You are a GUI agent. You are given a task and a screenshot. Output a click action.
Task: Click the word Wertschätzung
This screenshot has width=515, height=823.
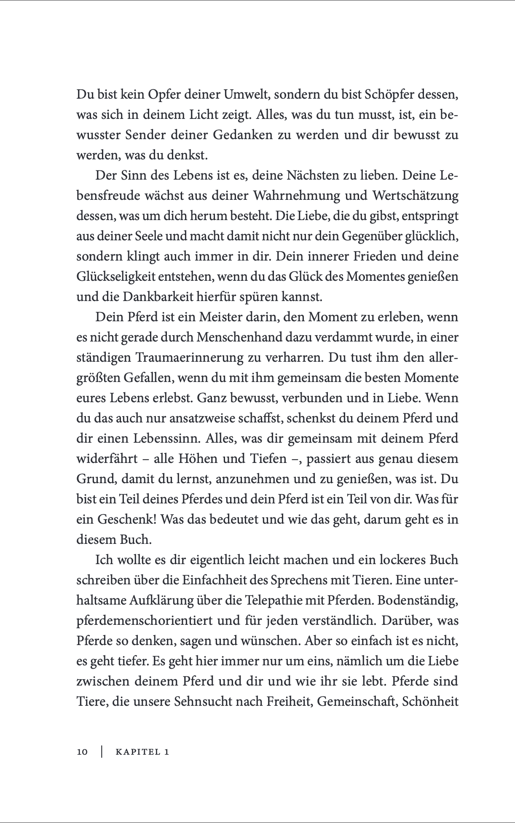415,196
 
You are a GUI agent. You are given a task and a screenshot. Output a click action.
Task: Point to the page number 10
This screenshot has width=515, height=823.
82,752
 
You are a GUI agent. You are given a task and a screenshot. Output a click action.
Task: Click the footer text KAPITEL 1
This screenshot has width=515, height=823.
142,752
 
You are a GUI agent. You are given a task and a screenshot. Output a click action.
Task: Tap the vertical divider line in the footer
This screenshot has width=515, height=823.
102,752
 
